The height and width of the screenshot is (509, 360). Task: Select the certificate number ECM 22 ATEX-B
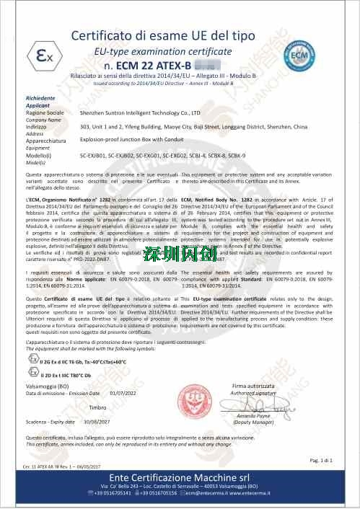148,66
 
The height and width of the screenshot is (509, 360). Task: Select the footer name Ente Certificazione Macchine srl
179,478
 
